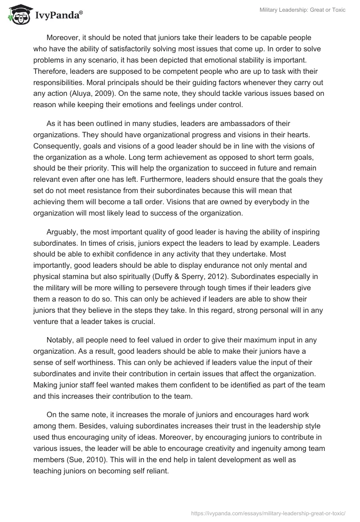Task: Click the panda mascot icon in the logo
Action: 17,15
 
